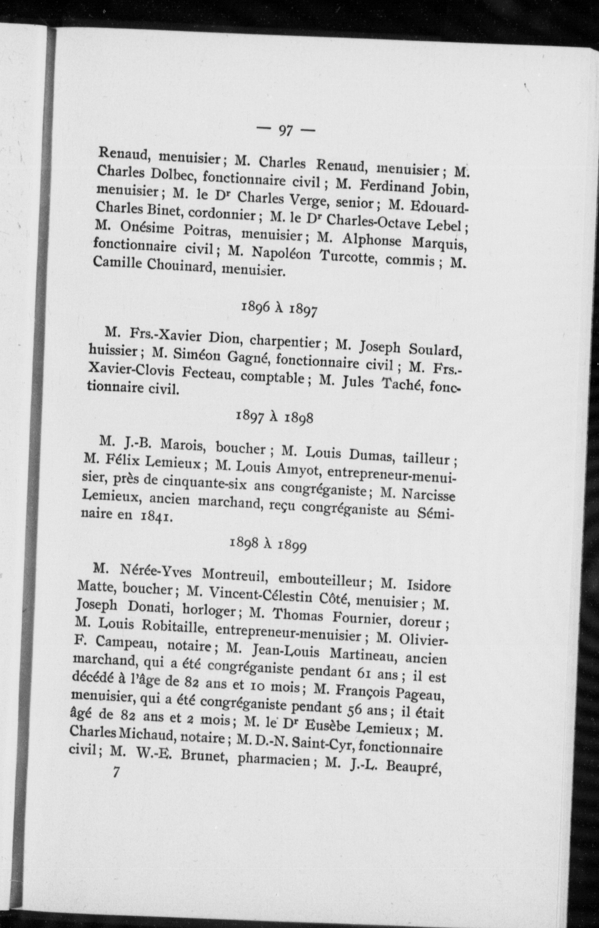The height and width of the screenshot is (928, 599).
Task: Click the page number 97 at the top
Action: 285,131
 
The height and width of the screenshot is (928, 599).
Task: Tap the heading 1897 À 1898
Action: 275,417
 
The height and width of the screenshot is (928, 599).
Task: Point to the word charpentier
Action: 287,343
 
